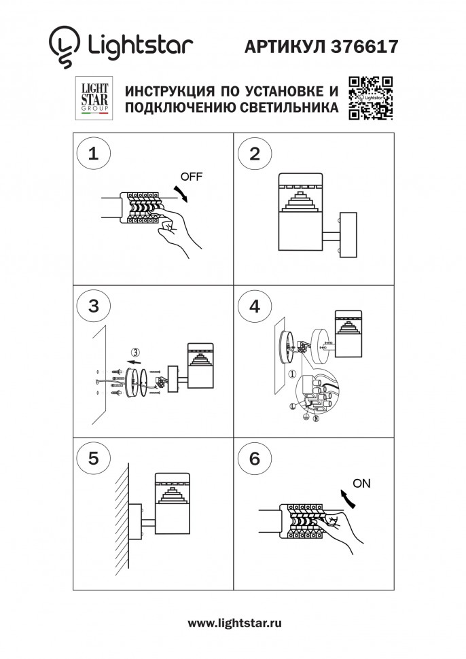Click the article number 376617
point(365,46)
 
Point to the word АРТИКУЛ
point(283,46)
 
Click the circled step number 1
point(94,153)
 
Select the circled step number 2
point(255,153)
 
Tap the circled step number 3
point(94,306)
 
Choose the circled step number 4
point(255,306)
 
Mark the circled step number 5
point(94,459)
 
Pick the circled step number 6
point(255,459)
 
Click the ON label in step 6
point(362,484)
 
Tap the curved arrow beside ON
point(348,499)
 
